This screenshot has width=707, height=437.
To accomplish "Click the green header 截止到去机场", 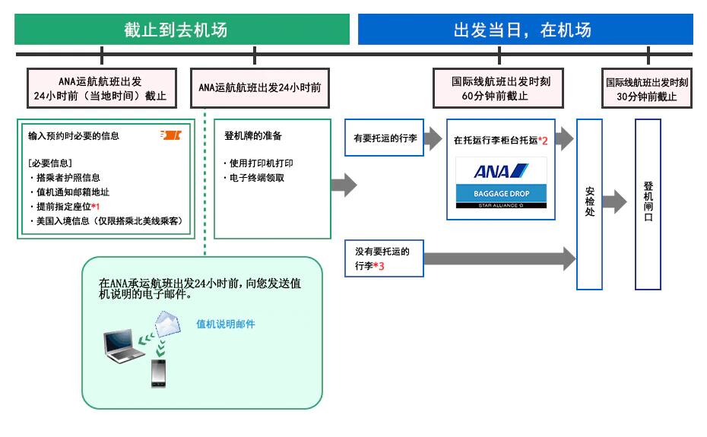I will [182, 30].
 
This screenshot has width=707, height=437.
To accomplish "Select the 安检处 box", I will [589, 204].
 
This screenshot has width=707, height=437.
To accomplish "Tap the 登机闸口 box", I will [648, 204].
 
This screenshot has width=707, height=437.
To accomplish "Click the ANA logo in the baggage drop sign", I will [501, 171].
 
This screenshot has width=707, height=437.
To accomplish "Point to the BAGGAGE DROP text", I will [501, 194].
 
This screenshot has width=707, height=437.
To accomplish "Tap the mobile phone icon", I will [158, 373].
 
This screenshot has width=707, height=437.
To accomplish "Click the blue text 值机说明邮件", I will [226, 325].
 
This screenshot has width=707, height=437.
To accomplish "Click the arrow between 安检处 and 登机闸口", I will [614, 202].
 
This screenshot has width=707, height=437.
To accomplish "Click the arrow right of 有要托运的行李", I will [433, 139].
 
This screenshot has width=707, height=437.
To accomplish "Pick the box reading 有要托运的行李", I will [384, 139].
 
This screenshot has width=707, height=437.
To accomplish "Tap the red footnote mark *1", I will [96, 207].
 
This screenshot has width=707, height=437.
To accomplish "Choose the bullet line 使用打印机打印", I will [261, 163].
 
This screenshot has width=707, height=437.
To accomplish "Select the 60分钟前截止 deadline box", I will [500, 89].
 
